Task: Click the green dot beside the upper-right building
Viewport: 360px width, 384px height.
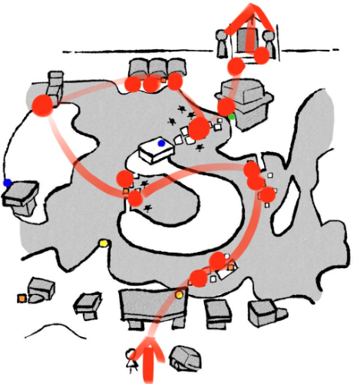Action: pos(232,116)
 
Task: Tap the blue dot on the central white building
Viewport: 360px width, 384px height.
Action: pos(161,143)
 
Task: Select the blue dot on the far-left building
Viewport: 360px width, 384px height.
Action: pos(7,183)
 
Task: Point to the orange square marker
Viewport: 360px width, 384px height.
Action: pos(21,298)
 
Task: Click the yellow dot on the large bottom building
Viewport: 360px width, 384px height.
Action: pos(179,295)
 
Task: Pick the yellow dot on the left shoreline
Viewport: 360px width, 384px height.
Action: pos(104,243)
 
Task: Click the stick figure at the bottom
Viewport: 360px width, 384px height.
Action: pos(132,359)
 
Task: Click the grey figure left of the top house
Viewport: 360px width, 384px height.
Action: pos(221,44)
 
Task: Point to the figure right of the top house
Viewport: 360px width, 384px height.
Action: pos(268,42)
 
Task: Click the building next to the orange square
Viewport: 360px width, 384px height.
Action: pos(40,290)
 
